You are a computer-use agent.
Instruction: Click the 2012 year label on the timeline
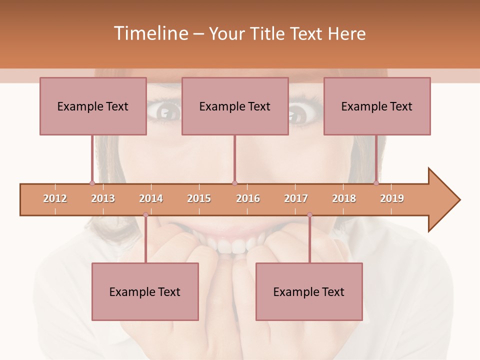[55, 198]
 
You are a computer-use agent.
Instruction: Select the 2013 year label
[103, 198]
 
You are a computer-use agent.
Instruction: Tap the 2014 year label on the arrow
[151, 198]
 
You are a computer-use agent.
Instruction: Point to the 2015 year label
[199, 198]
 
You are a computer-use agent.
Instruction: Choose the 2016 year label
[248, 198]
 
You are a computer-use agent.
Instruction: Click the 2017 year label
[296, 198]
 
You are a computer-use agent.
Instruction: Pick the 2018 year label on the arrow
[344, 198]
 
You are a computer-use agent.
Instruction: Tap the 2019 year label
[392, 198]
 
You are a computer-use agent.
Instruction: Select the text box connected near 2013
[93, 106]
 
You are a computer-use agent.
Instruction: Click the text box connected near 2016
[235, 106]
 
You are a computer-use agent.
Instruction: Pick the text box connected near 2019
[377, 106]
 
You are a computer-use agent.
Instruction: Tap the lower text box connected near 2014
[145, 291]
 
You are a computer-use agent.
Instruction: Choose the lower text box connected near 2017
[309, 291]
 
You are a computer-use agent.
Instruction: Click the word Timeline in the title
[150, 33]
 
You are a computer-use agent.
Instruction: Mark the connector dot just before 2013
[92, 183]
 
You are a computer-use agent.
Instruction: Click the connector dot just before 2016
[234, 183]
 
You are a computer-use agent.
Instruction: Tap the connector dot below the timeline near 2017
[309, 215]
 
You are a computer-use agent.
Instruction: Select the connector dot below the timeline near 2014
[145, 215]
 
